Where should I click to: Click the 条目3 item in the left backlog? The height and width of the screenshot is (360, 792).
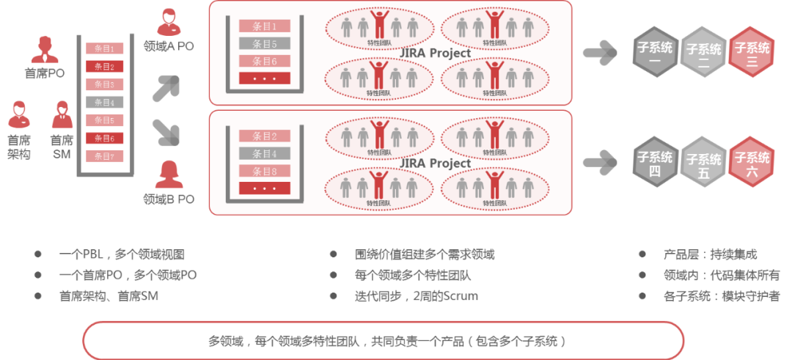click(105, 84)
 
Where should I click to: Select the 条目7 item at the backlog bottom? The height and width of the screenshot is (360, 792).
click(105, 156)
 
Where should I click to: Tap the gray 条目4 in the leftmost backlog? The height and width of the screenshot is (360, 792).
click(105, 103)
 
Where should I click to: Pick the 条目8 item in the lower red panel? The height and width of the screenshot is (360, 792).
click(264, 172)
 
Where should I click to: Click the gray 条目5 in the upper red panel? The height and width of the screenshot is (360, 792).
click(264, 43)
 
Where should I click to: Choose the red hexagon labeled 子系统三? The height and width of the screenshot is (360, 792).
click(752, 52)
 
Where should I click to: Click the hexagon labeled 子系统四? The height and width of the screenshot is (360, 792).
click(655, 161)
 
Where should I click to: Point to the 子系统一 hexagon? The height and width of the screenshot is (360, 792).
click(655, 52)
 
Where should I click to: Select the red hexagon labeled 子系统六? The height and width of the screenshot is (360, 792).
click(752, 161)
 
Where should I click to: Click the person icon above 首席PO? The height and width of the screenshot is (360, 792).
click(45, 48)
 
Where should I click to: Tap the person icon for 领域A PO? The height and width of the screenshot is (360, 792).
click(169, 22)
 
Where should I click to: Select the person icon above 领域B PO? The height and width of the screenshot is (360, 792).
click(169, 175)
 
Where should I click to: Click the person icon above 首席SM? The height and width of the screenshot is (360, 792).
click(62, 115)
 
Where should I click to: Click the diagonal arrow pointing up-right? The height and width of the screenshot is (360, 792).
click(165, 88)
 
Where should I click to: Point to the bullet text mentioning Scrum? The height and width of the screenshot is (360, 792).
click(415, 296)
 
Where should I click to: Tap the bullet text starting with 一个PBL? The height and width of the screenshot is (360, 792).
click(121, 255)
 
